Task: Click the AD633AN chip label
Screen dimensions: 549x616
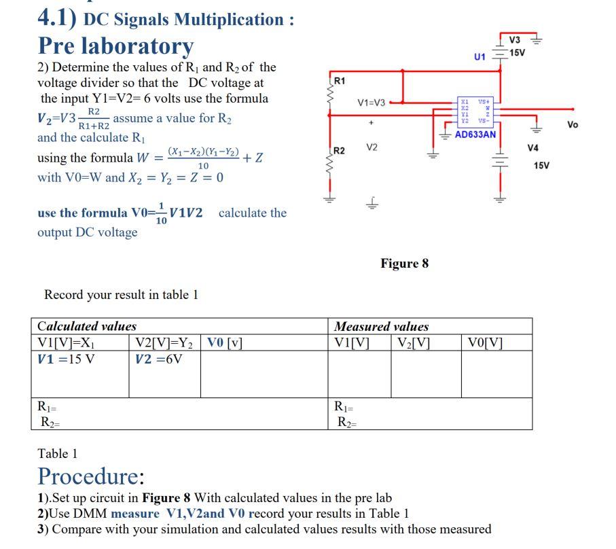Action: pos(475,135)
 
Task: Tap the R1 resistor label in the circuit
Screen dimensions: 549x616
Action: pos(340,81)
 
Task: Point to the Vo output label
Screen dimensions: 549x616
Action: pos(573,125)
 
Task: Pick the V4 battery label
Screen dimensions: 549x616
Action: pos(532,147)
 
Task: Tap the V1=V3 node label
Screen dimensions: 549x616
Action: pos(371,103)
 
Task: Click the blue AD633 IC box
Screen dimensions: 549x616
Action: pos(475,111)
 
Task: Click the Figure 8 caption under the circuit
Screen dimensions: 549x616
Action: pos(404,264)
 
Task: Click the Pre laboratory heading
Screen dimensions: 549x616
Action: pos(115,46)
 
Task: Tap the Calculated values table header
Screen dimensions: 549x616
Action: pos(87,326)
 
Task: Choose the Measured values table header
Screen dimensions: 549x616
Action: pos(382,326)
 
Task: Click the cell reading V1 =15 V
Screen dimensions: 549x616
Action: pos(66,359)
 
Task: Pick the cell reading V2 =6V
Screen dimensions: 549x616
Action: pos(159,359)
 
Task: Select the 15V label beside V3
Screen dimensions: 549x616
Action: pos(518,53)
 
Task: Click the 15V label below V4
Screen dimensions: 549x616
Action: pos(541,165)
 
